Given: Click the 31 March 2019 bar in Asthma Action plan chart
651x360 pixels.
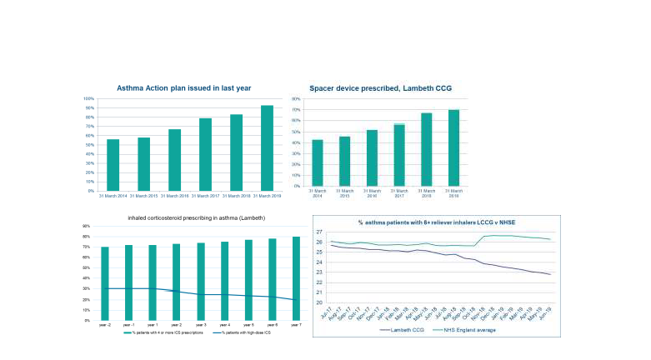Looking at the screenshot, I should [267, 148].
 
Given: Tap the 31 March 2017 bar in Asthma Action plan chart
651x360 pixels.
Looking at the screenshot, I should [205, 155].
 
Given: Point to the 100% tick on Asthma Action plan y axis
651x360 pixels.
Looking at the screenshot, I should [89, 98].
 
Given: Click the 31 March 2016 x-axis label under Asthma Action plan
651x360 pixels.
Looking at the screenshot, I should [174, 196].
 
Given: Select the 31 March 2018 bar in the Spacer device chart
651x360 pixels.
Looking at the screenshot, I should [425, 149].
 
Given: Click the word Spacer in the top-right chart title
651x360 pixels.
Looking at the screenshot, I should [323, 87].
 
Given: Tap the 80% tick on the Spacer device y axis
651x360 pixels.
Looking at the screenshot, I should [296, 98].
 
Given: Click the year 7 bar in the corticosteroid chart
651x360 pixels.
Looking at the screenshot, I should [296, 278].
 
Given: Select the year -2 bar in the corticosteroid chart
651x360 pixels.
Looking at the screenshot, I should [105, 283].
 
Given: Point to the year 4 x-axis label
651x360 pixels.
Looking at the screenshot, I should [224, 325].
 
